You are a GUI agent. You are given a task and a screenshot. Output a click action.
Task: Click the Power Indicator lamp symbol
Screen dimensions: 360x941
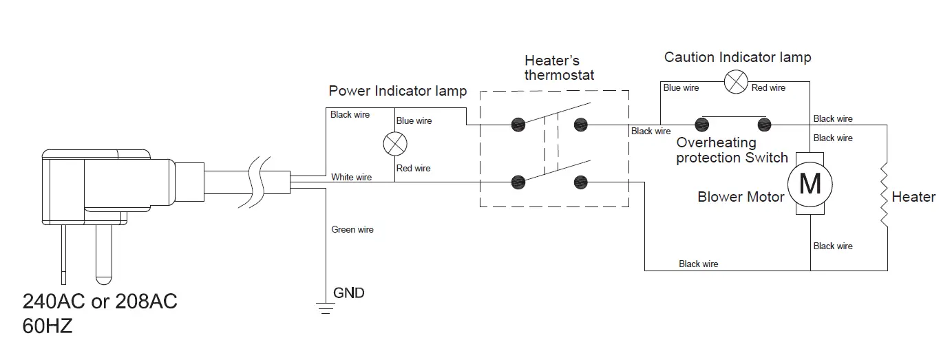pyautogui.click(x=394, y=145)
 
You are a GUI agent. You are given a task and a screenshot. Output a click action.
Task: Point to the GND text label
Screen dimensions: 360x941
pyautogui.click(x=349, y=293)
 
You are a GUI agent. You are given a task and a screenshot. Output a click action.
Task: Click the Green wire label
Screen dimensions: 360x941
pyautogui.click(x=352, y=229)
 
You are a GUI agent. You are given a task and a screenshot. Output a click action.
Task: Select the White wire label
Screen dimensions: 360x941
pyautogui.click(x=351, y=177)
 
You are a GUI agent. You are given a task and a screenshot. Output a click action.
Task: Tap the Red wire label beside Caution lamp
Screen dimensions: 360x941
pyautogui.click(x=768, y=87)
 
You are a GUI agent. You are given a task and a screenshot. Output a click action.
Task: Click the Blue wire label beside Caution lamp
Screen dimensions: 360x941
pyautogui.click(x=681, y=87)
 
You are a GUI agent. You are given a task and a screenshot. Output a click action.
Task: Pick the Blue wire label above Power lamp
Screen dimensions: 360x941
pyautogui.click(x=414, y=120)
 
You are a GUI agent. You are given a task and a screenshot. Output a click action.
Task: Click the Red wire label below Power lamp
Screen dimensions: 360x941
pyautogui.click(x=414, y=168)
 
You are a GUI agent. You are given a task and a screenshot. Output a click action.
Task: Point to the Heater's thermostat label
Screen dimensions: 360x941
pyautogui.click(x=559, y=67)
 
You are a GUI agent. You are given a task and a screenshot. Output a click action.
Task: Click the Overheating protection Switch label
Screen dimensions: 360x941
pyautogui.click(x=731, y=151)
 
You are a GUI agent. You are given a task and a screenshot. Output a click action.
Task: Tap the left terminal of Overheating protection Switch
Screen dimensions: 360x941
pyautogui.click(x=701, y=125)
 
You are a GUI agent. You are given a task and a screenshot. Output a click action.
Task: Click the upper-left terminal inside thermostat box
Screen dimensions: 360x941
pyautogui.click(x=518, y=125)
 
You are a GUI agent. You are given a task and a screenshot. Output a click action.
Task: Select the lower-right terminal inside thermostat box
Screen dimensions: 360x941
pyautogui.click(x=581, y=182)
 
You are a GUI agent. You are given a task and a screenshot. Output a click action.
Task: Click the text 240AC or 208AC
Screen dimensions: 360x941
pyautogui.click(x=100, y=302)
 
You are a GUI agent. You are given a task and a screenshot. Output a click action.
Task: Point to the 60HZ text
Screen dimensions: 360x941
pyautogui.click(x=47, y=326)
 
